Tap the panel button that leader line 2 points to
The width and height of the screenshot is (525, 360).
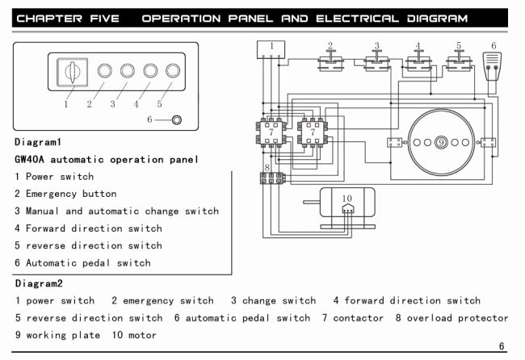(104, 71)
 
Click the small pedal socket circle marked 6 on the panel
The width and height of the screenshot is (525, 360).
(177, 121)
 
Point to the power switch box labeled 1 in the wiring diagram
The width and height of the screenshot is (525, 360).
(271, 49)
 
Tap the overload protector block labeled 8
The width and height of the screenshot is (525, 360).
(271, 177)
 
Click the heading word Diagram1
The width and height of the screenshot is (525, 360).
(38, 142)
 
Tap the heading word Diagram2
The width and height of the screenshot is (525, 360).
(38, 283)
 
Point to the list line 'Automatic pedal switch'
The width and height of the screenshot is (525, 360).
(87, 262)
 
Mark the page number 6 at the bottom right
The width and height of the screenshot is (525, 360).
(502, 346)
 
